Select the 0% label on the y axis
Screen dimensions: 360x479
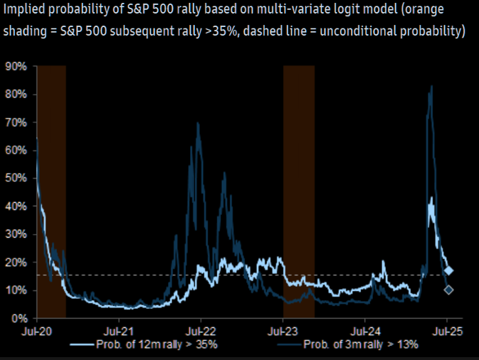click(18, 318)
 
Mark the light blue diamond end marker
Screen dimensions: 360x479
click(448, 271)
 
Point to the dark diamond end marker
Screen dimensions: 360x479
click(448, 290)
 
